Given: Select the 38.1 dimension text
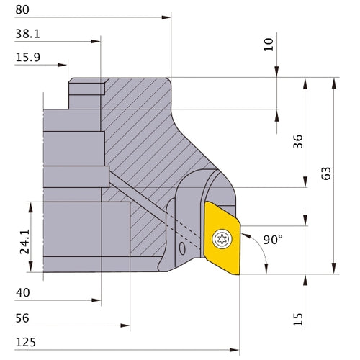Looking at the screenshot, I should click(x=27, y=34).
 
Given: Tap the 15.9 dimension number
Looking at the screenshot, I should click(x=27, y=58).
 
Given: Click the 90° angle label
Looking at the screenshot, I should click(x=272, y=240).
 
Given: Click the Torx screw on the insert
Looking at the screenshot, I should click(x=222, y=237).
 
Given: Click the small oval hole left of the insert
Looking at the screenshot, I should click(x=181, y=248).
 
